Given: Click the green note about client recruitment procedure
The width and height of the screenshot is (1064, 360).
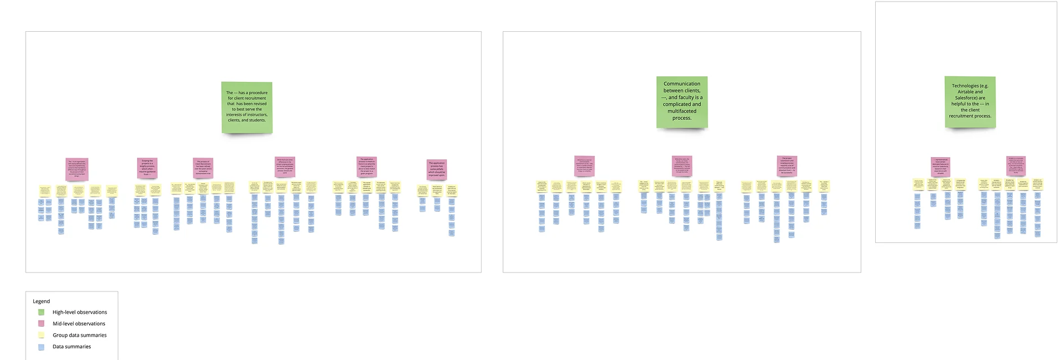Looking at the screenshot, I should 247,107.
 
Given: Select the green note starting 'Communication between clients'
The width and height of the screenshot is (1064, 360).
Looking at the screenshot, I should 682,101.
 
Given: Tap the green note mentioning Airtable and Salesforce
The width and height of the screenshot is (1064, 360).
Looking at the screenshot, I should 970,101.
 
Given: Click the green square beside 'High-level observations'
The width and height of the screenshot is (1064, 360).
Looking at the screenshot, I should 41,312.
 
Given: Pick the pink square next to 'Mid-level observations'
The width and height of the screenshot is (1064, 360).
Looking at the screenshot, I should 41,324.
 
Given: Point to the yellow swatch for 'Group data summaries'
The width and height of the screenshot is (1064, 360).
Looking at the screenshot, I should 41,335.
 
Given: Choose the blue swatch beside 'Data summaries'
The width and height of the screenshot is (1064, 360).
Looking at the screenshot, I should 41,347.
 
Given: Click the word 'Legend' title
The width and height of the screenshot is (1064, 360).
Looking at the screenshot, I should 41,301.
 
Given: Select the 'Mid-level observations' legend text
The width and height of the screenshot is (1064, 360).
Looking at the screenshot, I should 79,324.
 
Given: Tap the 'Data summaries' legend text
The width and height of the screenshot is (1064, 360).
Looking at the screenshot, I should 72,347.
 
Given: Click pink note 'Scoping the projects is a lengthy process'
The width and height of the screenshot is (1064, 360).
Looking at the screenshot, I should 147,168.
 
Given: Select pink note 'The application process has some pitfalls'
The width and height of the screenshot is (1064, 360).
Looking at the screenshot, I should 437,169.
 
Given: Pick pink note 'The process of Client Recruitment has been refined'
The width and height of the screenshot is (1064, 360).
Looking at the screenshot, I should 203,168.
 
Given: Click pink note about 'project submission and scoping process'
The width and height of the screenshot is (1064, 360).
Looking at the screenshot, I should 787,166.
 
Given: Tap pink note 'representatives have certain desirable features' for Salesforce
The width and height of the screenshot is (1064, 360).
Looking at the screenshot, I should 940,167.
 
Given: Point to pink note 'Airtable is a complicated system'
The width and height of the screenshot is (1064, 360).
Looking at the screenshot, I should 1016,166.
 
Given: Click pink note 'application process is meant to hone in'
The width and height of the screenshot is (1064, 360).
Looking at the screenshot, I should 367,167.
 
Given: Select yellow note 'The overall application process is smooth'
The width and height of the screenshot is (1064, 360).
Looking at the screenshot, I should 367,186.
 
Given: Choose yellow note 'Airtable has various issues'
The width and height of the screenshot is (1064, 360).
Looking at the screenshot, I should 1009,184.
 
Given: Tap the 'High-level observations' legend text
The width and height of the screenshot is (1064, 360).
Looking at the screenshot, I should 80,312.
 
